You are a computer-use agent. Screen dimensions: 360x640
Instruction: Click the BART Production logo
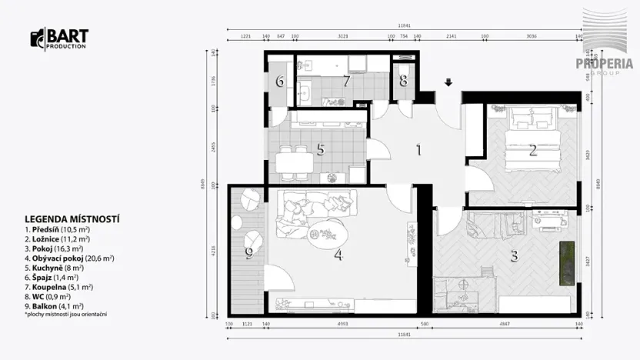59,38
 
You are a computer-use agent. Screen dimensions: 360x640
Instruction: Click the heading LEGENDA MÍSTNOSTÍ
72,219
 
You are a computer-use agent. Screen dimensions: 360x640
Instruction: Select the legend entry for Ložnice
57,238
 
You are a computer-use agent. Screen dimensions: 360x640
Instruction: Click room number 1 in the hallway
419,150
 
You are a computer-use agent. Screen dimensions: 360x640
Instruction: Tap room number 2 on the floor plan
532,151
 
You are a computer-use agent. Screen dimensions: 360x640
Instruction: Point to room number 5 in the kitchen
321,150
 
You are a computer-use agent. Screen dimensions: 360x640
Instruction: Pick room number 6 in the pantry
280,81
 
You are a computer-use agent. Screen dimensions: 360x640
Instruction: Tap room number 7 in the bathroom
346,81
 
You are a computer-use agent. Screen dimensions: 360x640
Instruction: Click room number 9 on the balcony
248,252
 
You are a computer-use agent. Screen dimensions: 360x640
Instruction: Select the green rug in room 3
566,262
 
